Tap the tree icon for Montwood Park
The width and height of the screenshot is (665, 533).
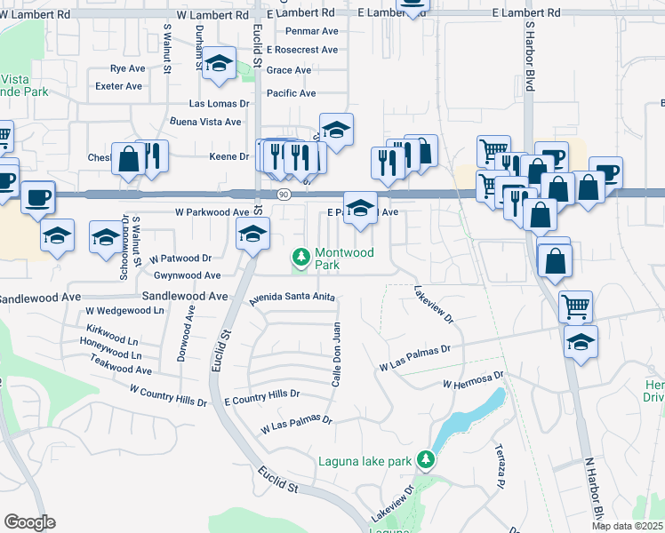tap(301, 258)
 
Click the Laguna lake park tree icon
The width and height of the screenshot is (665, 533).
tap(427, 459)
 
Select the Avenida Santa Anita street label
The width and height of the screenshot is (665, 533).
tap(292, 299)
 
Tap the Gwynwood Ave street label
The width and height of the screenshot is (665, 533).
tap(187, 275)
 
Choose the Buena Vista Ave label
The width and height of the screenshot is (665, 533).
tap(205, 122)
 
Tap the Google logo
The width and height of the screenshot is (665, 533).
tap(30, 522)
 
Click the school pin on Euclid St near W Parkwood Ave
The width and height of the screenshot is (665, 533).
tap(252, 235)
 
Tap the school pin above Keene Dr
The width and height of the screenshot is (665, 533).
tap(336, 130)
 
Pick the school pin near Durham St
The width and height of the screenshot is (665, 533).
tap(219, 63)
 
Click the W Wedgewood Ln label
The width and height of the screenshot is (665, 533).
tap(124, 311)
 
